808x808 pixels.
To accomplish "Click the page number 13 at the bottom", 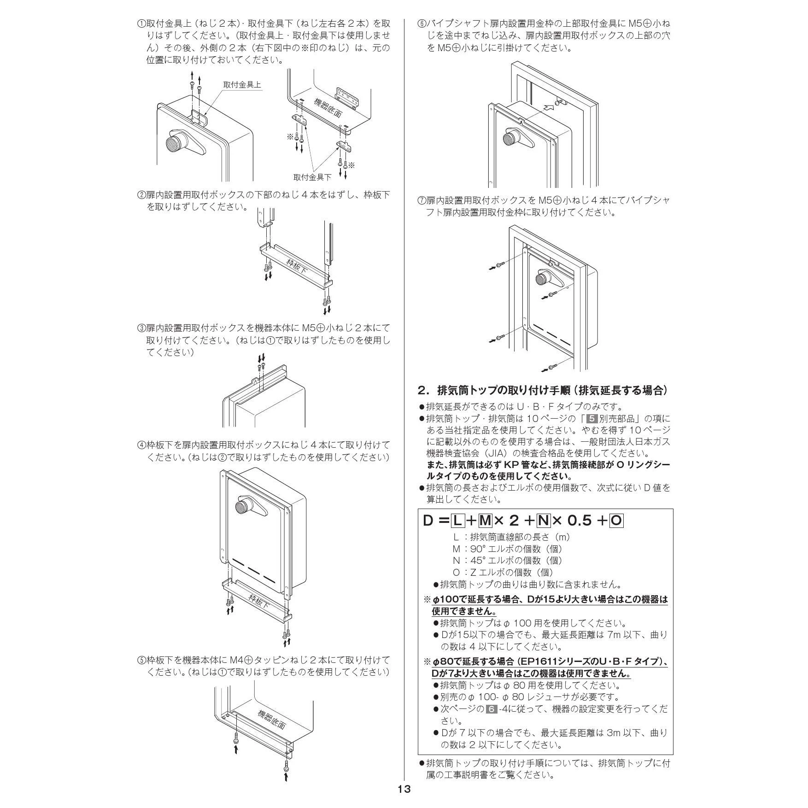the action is click(404, 789).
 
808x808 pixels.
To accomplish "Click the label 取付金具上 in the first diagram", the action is click(242, 85).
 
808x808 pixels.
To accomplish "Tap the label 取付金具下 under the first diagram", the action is click(312, 177).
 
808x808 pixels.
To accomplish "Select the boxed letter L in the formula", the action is click(457, 521).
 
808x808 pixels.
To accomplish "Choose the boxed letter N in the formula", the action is click(544, 521).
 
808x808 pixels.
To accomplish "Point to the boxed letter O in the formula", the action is click(616, 521).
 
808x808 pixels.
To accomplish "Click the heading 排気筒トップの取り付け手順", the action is click(503, 391).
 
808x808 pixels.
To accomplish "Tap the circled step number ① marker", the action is click(141, 23).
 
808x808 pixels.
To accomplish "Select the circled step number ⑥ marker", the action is click(422, 23).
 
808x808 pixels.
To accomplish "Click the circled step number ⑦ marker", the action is click(422, 200).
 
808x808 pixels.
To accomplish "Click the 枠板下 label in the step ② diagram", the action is click(297, 266).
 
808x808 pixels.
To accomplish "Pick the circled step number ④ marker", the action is click(141, 445).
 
